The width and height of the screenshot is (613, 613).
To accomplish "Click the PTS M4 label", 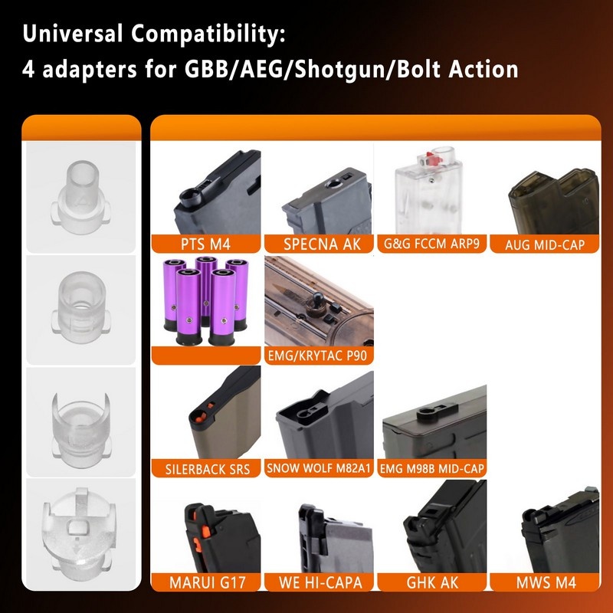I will [205, 244].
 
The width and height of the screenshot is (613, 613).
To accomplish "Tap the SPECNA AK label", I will [323, 244].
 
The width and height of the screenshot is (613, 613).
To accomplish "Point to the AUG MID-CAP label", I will [552, 244].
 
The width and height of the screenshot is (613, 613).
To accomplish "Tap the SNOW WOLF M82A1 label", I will [318, 468].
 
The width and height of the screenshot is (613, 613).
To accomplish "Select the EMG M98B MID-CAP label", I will [434, 468].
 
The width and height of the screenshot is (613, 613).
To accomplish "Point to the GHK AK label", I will [434, 582].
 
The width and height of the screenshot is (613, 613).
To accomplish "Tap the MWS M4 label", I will [552, 582].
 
